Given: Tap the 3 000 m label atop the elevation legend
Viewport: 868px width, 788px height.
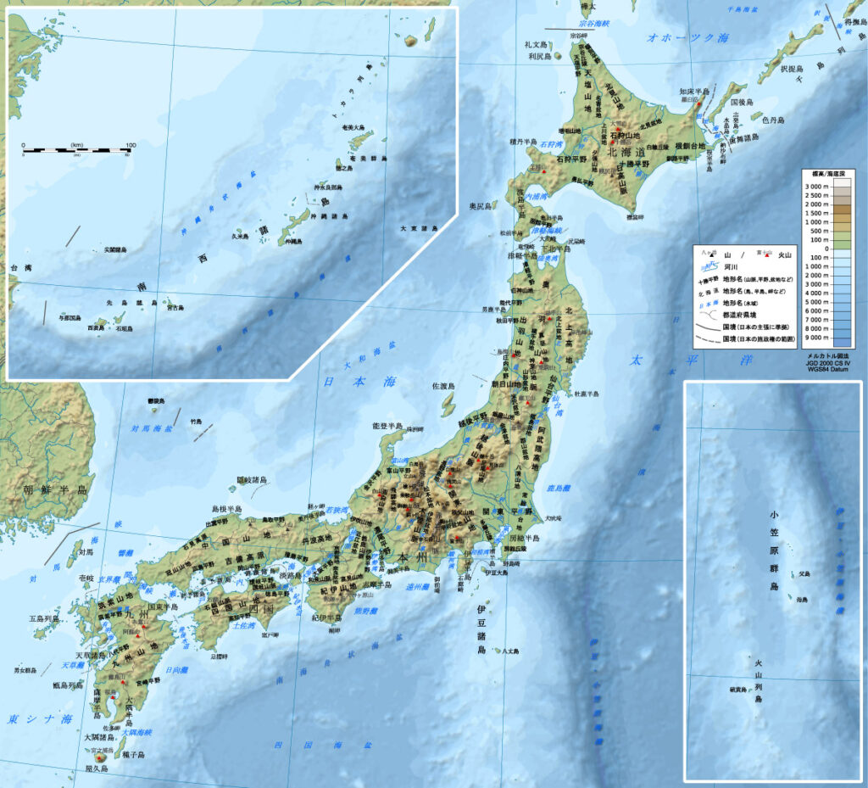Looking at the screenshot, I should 816,185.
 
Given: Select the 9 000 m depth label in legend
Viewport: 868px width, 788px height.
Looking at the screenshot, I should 816,337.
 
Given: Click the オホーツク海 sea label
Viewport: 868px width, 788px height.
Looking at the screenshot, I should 687,38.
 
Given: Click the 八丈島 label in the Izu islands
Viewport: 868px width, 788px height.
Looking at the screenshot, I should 509,651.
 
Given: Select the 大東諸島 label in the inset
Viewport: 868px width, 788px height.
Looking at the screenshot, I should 419,229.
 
